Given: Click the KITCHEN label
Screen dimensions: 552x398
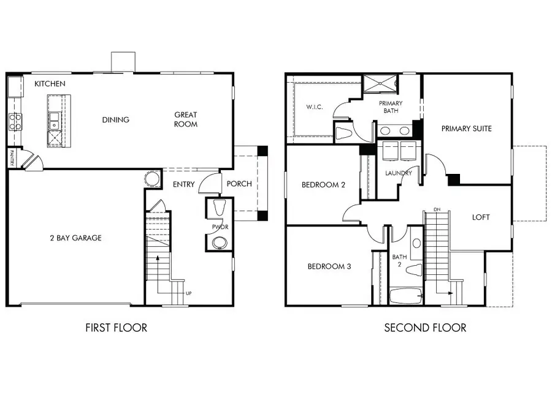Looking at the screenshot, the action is [50, 84].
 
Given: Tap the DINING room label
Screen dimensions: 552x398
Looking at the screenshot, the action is [116, 120].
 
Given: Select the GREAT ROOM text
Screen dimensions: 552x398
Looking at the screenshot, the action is [186, 119].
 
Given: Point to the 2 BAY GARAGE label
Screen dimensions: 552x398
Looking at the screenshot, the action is [75, 238].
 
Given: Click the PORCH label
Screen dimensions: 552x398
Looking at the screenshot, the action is [239, 184].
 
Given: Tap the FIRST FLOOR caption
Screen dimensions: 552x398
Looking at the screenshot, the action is [116, 328].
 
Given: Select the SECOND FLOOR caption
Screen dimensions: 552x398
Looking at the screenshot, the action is [425, 328].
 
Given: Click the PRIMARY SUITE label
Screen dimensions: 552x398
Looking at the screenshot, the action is [467, 129].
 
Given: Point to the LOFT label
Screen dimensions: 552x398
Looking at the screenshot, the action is [481, 217].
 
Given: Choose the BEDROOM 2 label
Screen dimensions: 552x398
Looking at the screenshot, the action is [323, 185].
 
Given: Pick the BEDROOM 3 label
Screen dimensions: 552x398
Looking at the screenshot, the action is [329, 266].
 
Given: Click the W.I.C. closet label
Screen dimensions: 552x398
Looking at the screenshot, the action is [315, 107].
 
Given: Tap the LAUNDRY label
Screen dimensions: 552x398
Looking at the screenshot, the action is [399, 173].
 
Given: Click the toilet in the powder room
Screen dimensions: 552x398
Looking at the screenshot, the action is [220, 207].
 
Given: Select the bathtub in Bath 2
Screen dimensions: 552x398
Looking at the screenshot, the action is [406, 296].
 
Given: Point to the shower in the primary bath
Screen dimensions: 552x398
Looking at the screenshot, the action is [380, 83].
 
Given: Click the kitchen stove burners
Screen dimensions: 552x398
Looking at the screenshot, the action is [15, 122].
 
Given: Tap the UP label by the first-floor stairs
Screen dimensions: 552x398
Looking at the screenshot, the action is [189, 293].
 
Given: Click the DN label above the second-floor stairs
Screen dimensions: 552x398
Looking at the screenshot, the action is [437, 209].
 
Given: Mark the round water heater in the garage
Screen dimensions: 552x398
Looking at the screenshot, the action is [152, 178].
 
